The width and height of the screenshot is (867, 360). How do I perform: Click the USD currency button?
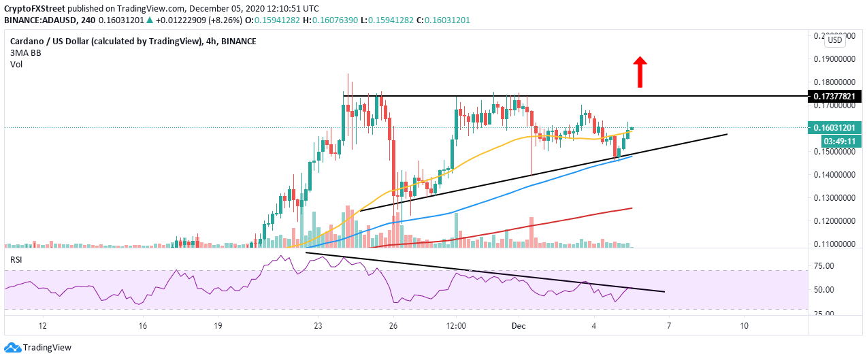coord(834,40)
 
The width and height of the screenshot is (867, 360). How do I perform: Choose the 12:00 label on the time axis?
coord(455,326)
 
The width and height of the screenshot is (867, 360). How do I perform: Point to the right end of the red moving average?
coord(632,208)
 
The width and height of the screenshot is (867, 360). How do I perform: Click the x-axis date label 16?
coord(142,326)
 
